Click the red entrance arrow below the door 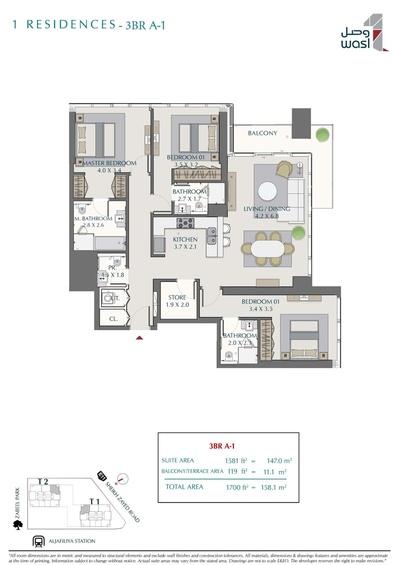click(x=139, y=338)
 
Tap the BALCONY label click(x=262, y=133)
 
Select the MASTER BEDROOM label click(x=109, y=163)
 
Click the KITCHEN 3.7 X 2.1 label click(x=185, y=243)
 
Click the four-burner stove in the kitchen click(x=185, y=223)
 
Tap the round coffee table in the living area click(x=267, y=191)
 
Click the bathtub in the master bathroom click(x=110, y=243)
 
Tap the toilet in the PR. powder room click(x=117, y=261)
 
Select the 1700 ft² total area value click(x=237, y=487)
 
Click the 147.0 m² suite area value click(x=279, y=461)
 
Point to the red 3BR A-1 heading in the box click(x=222, y=446)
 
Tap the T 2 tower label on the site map click(x=43, y=482)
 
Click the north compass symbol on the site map click(x=123, y=479)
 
